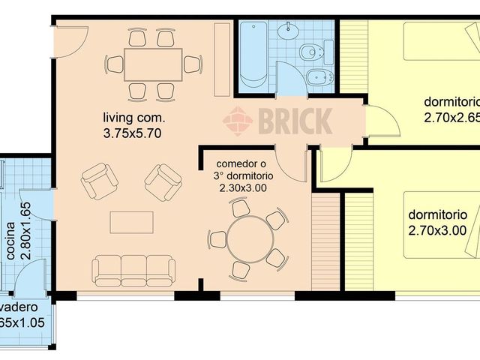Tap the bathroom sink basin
(287, 31)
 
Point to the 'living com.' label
(135, 118)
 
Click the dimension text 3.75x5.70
(133, 133)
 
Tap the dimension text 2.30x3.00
(243, 188)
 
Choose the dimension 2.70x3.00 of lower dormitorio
(438, 230)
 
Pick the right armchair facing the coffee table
(163, 182)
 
